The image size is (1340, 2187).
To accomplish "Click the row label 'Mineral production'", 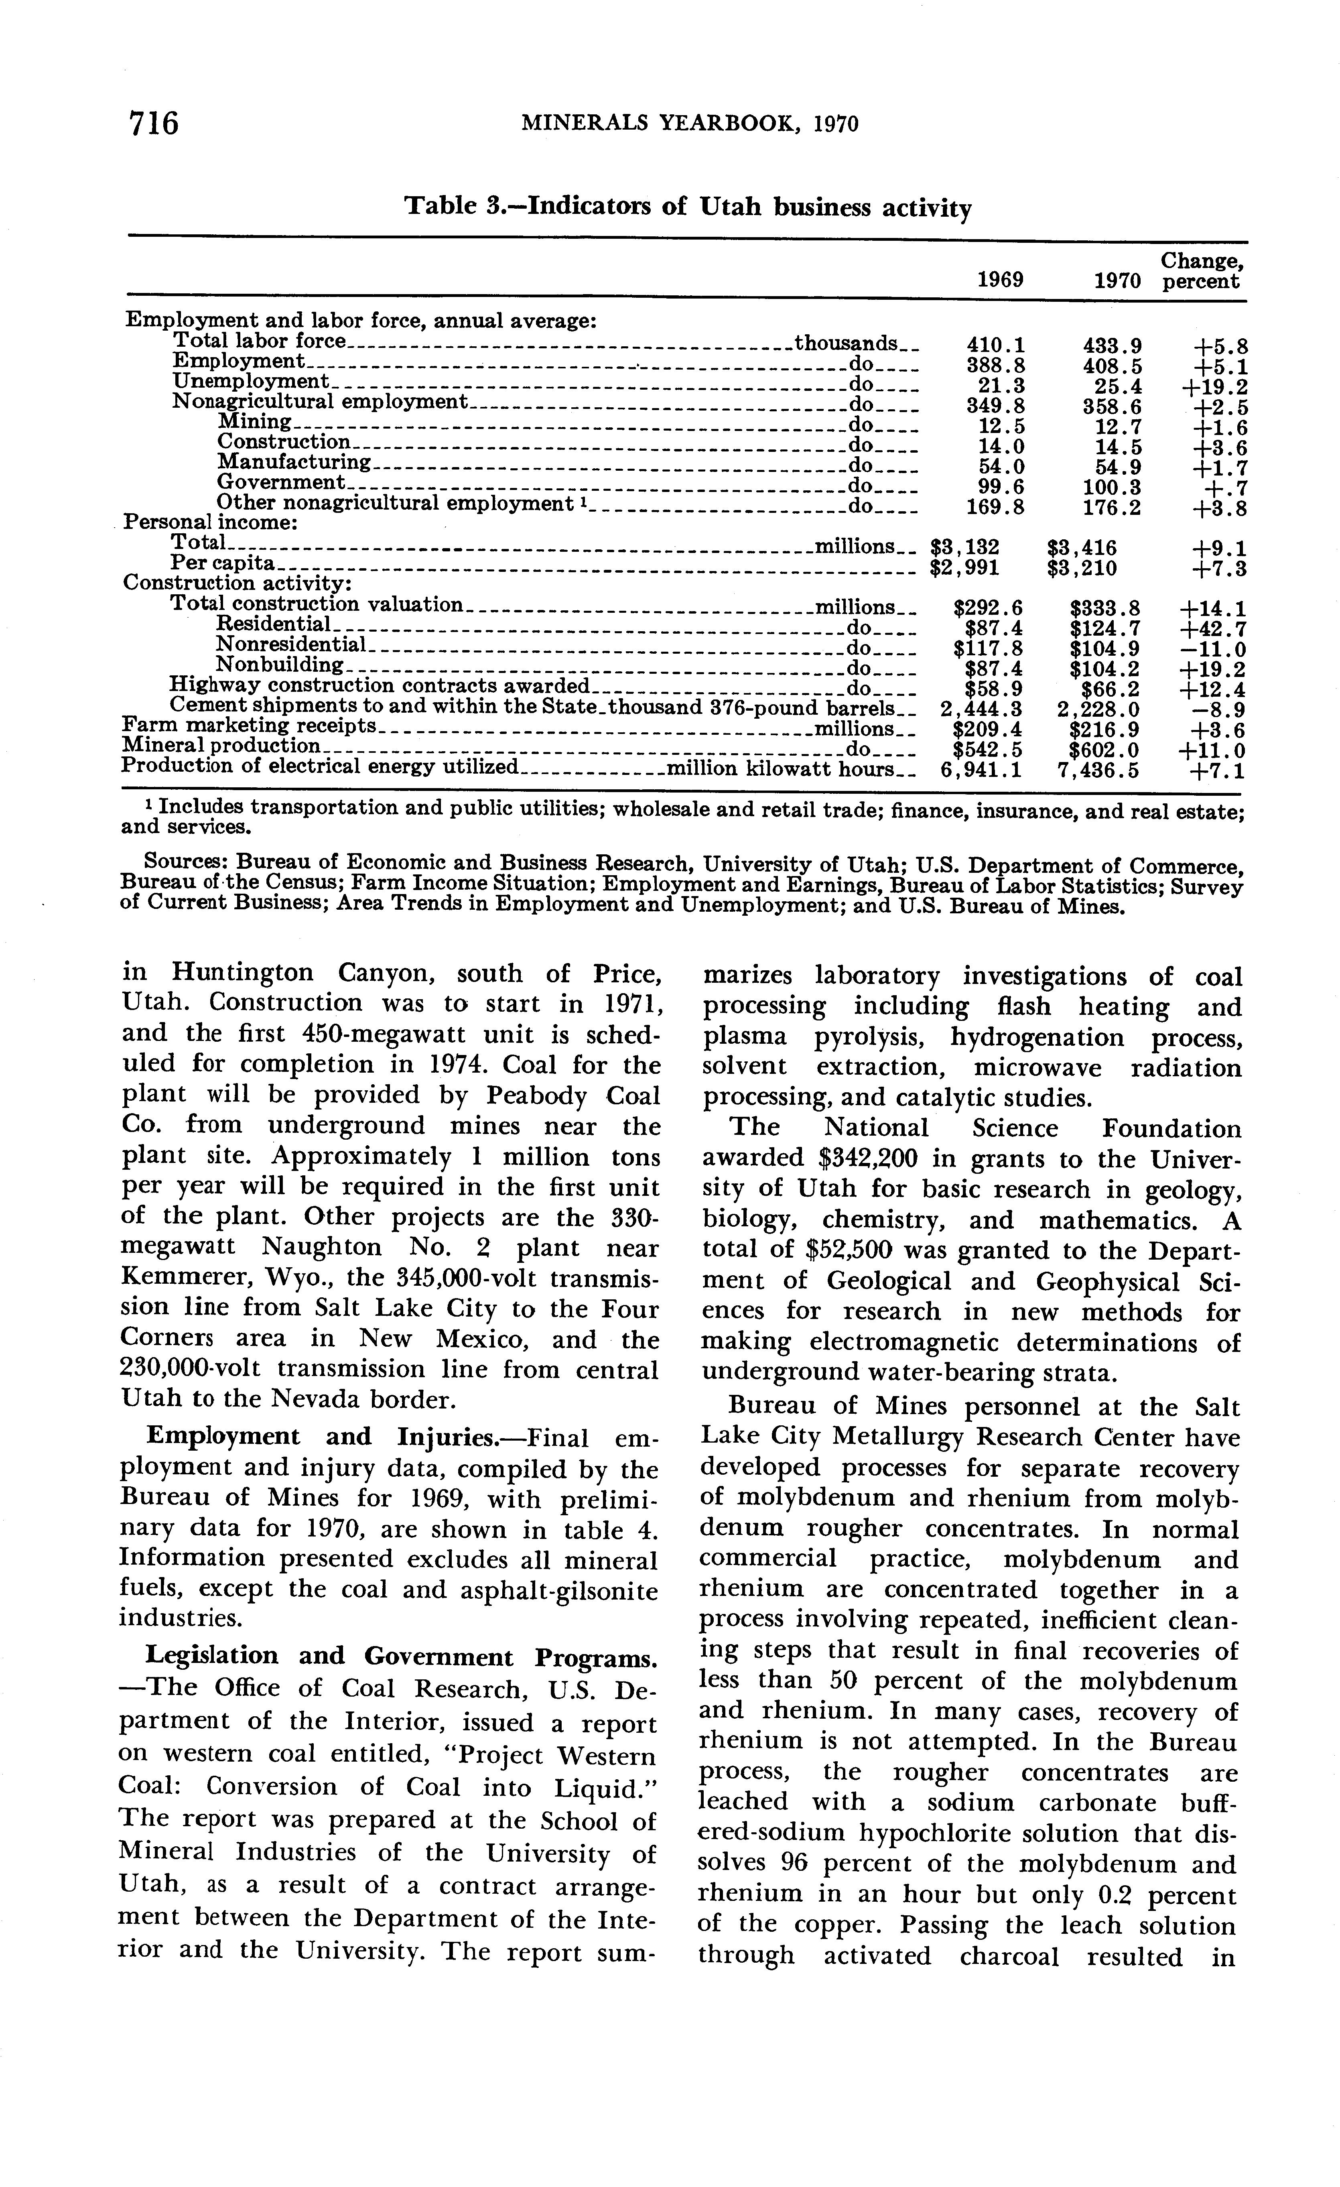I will [x=220, y=747].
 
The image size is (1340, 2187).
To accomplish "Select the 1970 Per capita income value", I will [x=1082, y=568].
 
